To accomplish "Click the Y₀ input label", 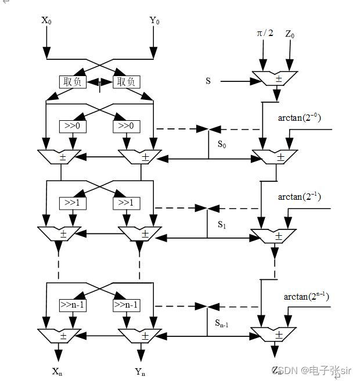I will point(154,21).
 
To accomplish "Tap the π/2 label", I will point(265,33).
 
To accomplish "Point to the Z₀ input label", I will point(290,34).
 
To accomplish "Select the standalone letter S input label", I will point(208,81).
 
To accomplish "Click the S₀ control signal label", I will point(222,143).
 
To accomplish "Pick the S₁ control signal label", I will point(221,223).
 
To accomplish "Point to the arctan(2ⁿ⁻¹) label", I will point(306,296).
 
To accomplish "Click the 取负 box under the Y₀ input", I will point(127,82).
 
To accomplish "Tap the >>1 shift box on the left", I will point(73,203).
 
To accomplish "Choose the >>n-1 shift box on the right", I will point(127,304).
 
